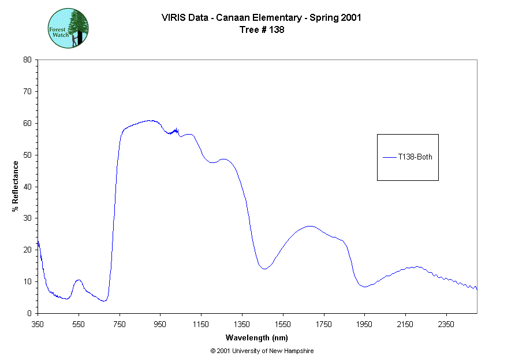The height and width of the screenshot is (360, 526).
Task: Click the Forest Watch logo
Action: [x=68, y=28]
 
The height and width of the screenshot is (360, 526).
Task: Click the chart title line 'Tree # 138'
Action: [x=262, y=30]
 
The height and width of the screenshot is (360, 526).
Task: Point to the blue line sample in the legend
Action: [x=389, y=157]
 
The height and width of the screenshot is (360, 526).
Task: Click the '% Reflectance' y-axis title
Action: [x=16, y=186]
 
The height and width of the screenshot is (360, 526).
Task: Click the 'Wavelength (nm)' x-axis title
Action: [x=257, y=338]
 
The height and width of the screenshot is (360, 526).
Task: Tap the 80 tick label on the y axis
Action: [x=27, y=60]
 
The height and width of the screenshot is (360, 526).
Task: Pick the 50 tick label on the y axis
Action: [x=27, y=155]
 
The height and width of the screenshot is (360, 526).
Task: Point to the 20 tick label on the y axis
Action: [x=27, y=250]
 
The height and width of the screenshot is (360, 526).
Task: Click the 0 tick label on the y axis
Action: [x=29, y=313]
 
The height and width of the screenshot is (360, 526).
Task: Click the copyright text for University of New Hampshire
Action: [x=262, y=351]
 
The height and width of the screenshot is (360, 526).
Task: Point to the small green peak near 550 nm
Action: [x=79, y=280]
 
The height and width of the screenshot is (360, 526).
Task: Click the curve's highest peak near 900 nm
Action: [x=150, y=120]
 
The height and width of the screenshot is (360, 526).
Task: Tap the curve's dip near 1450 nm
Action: [x=264, y=269]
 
